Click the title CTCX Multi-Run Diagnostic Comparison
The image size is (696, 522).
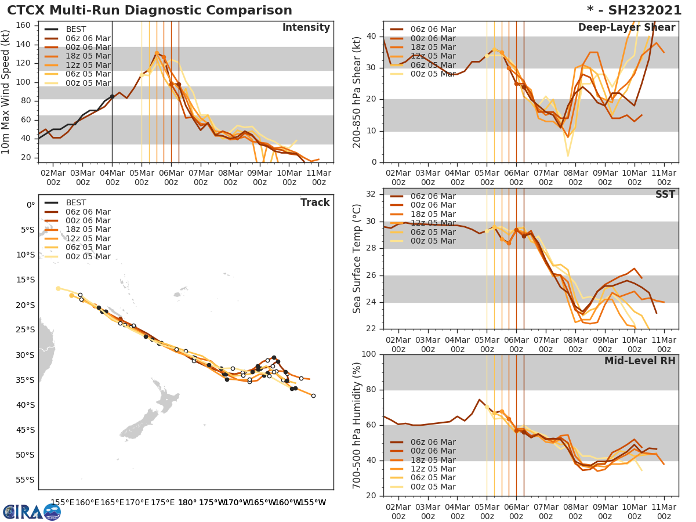pyautogui.click(x=150, y=10)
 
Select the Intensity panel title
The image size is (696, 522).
pyautogui.click(x=306, y=28)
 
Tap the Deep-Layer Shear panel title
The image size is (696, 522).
pyautogui.click(x=626, y=28)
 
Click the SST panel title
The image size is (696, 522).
pyautogui.click(x=665, y=194)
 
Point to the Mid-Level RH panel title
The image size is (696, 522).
pyautogui.click(x=640, y=361)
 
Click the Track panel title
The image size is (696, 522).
pyautogui.click(x=315, y=202)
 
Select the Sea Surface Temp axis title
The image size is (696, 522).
pyautogui.click(x=357, y=258)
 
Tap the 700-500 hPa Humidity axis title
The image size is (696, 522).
pyautogui.click(x=357, y=425)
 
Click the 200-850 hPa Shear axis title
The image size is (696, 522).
pyautogui.click(x=357, y=92)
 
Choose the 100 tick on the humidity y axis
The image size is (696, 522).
pyautogui.click(x=369, y=354)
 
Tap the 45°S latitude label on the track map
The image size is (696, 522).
pyautogui.click(x=27, y=430)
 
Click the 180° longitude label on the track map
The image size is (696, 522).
pyautogui.click(x=187, y=502)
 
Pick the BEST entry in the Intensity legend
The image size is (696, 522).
pyautogui.click(x=76, y=29)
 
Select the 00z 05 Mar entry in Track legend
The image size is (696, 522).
pyautogui.click(x=88, y=256)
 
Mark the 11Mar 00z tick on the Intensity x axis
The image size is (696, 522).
pyautogui.click(x=319, y=177)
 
